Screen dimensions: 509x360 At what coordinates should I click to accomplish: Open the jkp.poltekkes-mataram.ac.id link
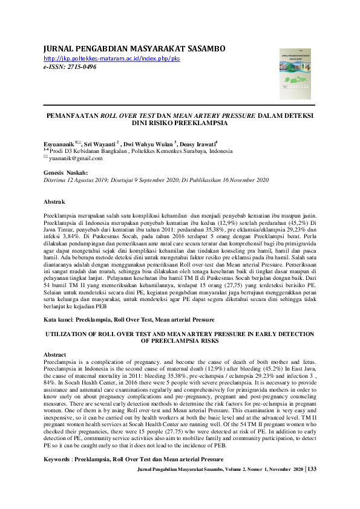click(112, 58)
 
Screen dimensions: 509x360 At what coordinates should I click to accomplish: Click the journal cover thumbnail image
click(296, 74)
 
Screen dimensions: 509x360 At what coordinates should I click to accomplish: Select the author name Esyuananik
click(59, 145)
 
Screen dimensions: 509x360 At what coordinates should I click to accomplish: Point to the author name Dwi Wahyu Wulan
click(149, 145)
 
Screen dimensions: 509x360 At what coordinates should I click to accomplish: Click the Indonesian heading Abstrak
click(56, 201)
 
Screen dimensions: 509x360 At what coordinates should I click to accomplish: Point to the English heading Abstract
click(56, 354)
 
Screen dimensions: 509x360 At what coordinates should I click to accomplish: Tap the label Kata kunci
click(59, 318)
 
